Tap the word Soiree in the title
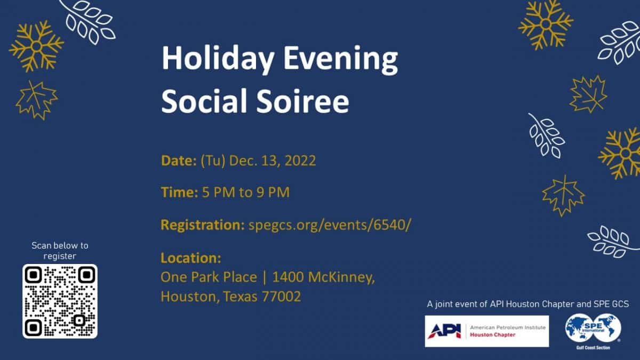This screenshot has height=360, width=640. (302, 101)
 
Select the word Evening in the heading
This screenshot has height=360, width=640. (340, 60)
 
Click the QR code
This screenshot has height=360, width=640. (60, 301)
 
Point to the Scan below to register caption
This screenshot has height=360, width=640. (60, 251)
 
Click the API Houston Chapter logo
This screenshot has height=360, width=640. (487, 331)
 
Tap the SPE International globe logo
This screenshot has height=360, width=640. (593, 329)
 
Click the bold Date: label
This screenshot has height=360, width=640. (179, 161)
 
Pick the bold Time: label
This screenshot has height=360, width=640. (179, 192)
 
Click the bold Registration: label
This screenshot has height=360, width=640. (203, 225)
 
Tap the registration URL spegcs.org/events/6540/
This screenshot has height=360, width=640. (330, 225)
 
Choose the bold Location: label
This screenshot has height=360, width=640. (191, 258)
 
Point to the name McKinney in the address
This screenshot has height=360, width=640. (341, 277)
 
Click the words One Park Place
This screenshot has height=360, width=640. (209, 277)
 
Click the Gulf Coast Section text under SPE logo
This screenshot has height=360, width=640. (593, 348)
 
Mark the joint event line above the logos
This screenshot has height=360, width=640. (527, 304)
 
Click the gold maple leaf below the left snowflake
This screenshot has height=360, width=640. (37, 100)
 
